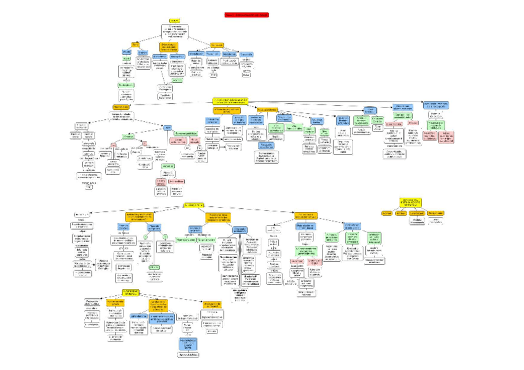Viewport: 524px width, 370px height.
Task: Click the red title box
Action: click(x=247, y=14)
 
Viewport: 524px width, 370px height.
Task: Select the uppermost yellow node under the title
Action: click(x=175, y=20)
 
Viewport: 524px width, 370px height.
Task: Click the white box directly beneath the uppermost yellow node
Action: click(x=175, y=32)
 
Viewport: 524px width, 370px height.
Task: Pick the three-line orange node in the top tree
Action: click(x=169, y=47)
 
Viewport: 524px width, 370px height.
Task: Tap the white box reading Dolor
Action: click(x=246, y=75)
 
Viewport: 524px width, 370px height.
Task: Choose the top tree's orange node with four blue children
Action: click(x=218, y=45)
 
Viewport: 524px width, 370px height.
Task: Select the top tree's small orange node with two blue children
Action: click(x=135, y=44)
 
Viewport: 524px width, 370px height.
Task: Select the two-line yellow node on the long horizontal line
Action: click(x=231, y=100)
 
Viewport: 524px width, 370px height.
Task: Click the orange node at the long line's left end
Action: click(x=121, y=107)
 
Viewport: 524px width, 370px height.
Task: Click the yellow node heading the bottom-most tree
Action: click(x=131, y=292)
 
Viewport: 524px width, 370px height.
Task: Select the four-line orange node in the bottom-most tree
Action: click(x=158, y=305)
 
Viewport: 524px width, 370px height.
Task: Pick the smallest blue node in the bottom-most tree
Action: click(x=138, y=316)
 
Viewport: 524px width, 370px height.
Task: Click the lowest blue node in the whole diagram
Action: click(x=188, y=342)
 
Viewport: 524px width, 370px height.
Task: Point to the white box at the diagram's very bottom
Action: click(x=188, y=355)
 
